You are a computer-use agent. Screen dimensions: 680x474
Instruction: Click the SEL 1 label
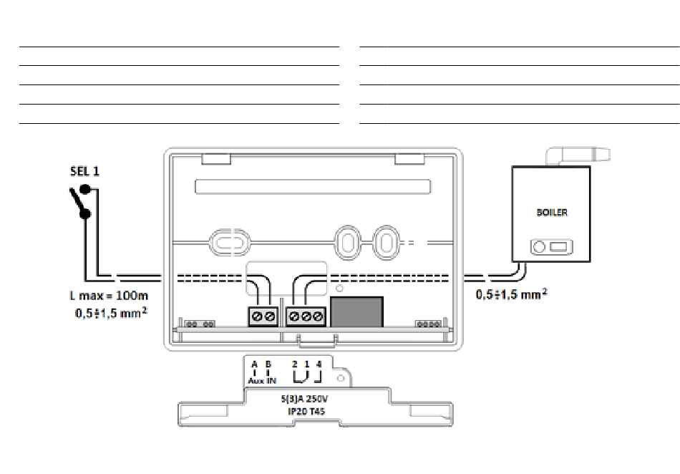pos(84,171)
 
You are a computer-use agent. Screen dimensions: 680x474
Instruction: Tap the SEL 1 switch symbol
pos(81,201)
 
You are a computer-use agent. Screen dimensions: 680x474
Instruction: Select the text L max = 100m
pos(109,296)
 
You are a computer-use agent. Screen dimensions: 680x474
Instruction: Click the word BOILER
pos(552,213)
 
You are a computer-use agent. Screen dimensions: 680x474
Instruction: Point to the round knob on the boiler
pos(538,247)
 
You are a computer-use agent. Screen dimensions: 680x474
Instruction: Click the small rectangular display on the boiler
pos(558,247)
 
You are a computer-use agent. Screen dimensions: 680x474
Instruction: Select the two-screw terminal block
pos(263,316)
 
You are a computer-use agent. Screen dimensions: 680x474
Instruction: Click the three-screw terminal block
pos(306,316)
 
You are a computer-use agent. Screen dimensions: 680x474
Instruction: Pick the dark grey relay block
pos(356,311)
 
